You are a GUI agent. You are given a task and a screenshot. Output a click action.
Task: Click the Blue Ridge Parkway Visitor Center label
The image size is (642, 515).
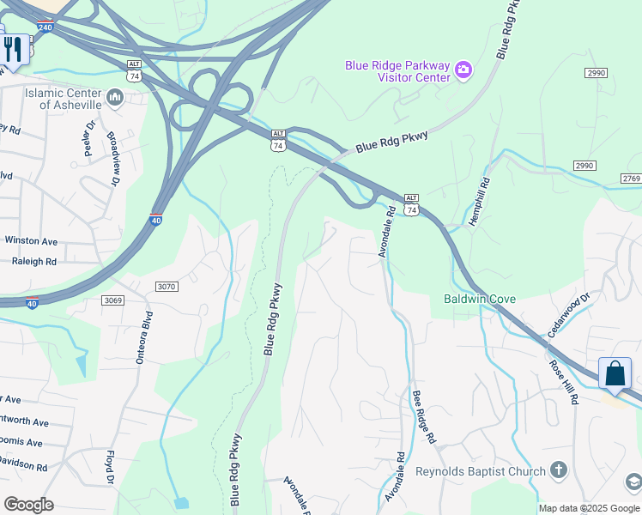pyautogui.click(x=397, y=71)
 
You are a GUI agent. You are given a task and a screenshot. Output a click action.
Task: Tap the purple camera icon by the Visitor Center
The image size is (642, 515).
pyautogui.click(x=463, y=70)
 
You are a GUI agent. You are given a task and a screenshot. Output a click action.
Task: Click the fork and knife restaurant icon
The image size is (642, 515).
pyautogui.click(x=13, y=48)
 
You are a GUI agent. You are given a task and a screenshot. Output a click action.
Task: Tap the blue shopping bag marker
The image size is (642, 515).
pyautogui.click(x=615, y=374)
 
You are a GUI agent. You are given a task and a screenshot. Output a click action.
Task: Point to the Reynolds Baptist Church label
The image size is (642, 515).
pyautogui.click(x=480, y=471)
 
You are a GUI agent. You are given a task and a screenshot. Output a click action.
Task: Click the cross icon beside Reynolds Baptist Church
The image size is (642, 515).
pyautogui.click(x=559, y=470)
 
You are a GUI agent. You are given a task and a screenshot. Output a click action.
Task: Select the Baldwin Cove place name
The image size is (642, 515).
pyautogui.click(x=480, y=299)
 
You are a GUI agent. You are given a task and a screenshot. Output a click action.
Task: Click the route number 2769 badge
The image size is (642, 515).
pyautogui.click(x=631, y=178)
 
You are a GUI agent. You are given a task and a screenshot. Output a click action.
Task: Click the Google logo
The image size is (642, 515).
pyautogui.click(x=28, y=505)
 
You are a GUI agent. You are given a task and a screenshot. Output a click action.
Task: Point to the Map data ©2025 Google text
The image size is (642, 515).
pyautogui.click(x=588, y=508)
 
